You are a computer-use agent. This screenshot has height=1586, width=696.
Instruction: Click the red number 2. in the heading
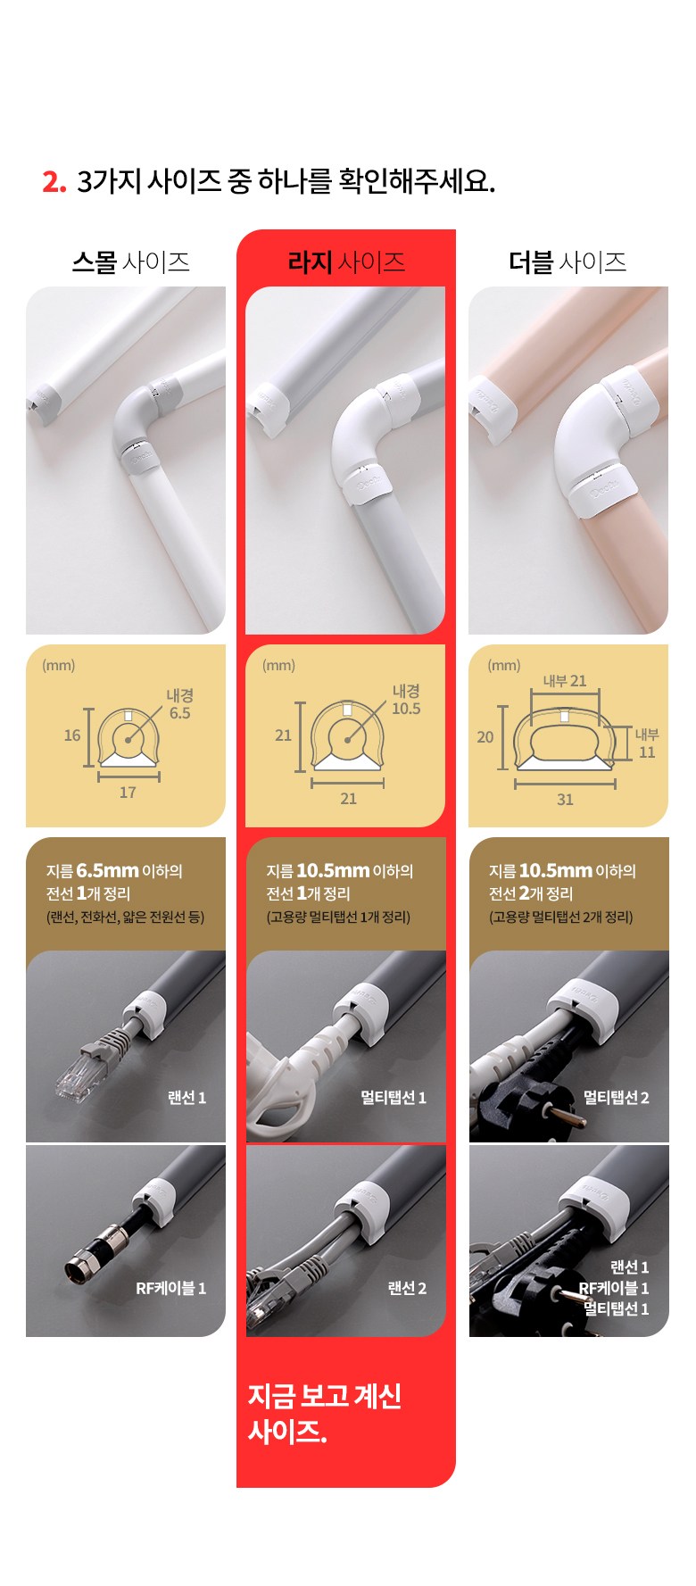point(54,181)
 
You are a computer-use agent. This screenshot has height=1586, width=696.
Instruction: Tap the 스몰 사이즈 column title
point(130,262)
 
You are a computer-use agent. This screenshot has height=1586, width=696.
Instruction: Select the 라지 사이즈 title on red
point(346,262)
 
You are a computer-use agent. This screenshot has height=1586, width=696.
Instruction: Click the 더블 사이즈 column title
point(568,262)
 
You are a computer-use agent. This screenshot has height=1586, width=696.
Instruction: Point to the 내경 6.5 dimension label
point(179,704)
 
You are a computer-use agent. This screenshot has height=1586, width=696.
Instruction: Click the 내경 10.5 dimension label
point(406,700)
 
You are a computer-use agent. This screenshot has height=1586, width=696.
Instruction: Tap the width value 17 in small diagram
point(128,793)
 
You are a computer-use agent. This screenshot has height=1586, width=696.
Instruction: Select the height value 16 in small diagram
point(72,735)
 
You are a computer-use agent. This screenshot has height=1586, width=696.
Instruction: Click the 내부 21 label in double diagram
point(565,681)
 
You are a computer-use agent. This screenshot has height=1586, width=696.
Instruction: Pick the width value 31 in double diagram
point(565,800)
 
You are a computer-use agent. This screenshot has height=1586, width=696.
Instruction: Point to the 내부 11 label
point(647,743)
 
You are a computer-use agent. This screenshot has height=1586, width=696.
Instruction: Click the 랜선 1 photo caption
point(186,1098)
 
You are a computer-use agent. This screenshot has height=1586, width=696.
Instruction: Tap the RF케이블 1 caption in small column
point(170,1288)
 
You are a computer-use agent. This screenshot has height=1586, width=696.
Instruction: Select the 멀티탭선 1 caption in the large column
point(394,1098)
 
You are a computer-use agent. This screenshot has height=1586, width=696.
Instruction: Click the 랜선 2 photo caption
point(407,1288)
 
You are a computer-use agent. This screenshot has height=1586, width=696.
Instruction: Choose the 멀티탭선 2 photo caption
point(617,1098)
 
